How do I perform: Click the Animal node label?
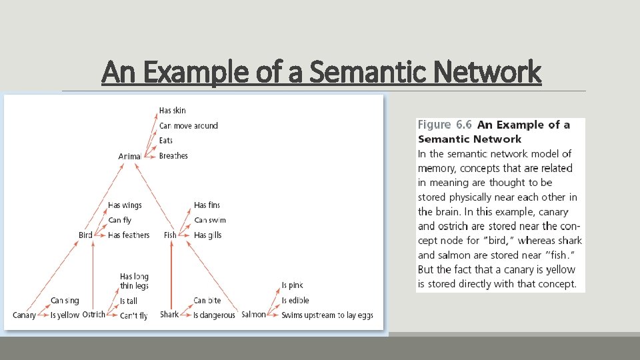coord(129,156)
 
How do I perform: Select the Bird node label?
coord(85,235)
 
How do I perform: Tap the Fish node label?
coord(170,235)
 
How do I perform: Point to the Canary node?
coord(24,315)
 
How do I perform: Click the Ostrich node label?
coord(93,315)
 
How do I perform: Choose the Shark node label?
coord(169,315)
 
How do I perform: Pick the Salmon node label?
coord(253,315)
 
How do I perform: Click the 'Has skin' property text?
coord(173,111)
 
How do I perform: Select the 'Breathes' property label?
coord(173,156)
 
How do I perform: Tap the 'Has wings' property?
coord(125,205)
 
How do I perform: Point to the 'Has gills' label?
coord(207,235)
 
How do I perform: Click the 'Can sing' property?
coord(65,301)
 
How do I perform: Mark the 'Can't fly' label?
coord(134,316)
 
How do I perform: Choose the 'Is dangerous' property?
coord(214,315)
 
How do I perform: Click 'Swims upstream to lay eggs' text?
coord(327,315)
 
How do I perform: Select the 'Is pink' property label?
coord(292,285)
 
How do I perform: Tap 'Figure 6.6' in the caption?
coord(445,125)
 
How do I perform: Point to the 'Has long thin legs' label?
coord(134,281)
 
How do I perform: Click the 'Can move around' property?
coord(189,125)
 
